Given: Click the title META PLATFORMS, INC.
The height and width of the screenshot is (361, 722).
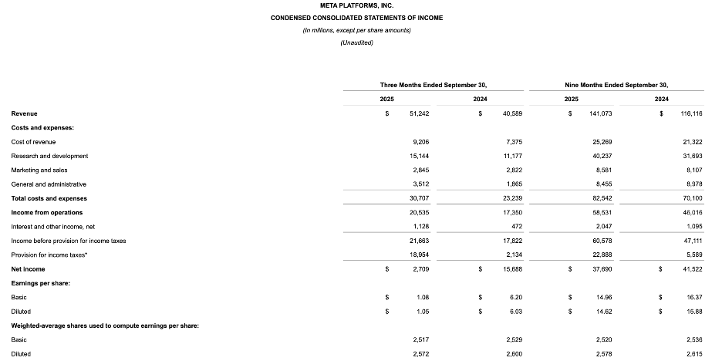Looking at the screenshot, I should [356, 5].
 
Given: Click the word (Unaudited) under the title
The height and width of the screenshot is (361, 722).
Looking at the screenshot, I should [356, 42].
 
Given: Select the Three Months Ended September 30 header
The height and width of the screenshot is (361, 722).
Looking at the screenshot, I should [433, 84].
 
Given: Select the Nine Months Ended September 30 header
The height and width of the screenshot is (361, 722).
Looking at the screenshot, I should [616, 84].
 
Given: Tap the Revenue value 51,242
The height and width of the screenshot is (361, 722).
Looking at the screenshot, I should [419, 113].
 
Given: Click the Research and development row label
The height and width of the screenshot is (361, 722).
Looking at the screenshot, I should [49, 156].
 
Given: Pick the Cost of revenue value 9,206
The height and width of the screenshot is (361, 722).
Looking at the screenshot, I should [420, 142].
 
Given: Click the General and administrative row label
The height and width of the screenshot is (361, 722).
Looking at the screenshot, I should [49, 184].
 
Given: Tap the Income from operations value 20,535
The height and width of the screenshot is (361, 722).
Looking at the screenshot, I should [419, 212].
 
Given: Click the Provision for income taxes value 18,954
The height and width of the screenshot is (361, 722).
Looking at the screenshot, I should [419, 255].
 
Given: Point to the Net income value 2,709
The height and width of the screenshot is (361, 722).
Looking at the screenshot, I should [420, 269].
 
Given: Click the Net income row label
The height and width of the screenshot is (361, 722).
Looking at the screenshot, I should [28, 269].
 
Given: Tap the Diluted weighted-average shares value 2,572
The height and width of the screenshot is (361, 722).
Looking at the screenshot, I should [420, 354].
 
